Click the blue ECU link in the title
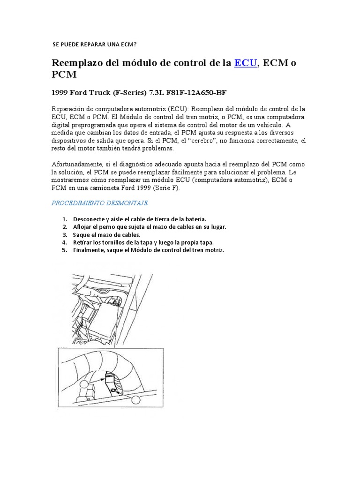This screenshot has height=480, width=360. coord(246,63)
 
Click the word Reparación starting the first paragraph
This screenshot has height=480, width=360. coord(69,109)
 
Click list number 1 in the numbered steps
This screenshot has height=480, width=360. coord(65,219)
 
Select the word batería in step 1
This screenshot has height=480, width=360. coord(195,219)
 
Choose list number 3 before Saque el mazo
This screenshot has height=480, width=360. coord(65,234)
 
